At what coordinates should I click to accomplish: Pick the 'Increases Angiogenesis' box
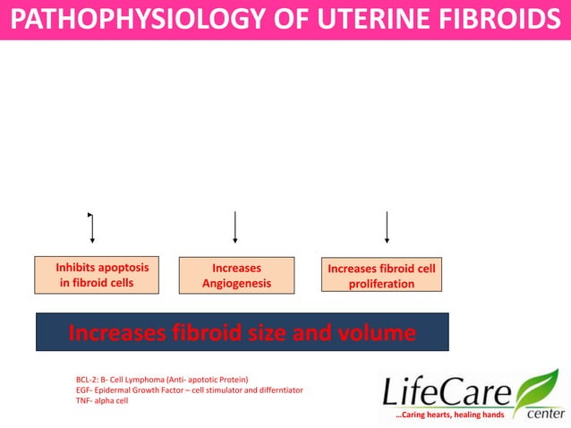[x=236, y=275]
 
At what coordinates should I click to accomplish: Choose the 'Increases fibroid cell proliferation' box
[x=382, y=276]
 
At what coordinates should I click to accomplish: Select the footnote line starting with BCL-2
[x=162, y=380]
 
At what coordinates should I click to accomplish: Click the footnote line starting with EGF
[x=190, y=390]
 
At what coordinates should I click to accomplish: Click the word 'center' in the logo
[x=545, y=415]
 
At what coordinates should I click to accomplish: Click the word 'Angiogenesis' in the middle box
[x=236, y=284]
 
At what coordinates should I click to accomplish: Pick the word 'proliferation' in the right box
[x=382, y=284]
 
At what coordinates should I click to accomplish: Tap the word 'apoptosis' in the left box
[x=120, y=267]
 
